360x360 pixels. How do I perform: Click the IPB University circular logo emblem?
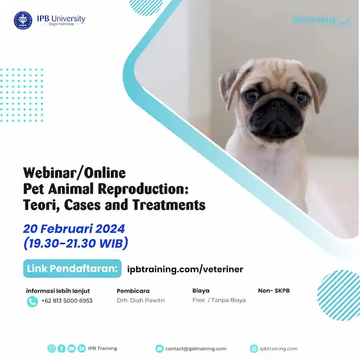pos(23,20)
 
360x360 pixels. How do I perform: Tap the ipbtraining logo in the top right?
pos(321,20)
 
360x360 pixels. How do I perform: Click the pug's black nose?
pos(277,103)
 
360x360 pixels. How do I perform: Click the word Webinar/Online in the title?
pos(74,172)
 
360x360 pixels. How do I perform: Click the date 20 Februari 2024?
pos(74,229)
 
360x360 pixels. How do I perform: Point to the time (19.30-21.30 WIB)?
pos(76,244)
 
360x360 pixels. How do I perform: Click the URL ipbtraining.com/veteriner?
pos(185,269)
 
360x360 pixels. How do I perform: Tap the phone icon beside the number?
pos(32,301)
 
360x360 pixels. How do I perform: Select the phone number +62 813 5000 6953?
pos(67,300)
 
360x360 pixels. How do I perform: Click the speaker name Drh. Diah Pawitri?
pos(141,300)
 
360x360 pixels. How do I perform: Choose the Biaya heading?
pos(201,291)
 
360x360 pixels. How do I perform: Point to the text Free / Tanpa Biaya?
pos(219,300)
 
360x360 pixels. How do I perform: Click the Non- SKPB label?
pos(273,291)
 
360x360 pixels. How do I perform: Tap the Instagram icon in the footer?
pos(52,349)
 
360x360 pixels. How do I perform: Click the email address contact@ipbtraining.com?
pos(196,349)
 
